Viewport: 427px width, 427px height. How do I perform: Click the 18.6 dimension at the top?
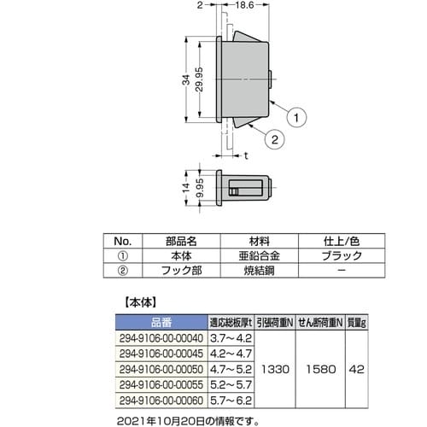coord(246,7)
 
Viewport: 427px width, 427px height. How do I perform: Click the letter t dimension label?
coord(246,156)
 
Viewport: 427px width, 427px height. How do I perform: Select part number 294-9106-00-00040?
coord(160,337)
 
